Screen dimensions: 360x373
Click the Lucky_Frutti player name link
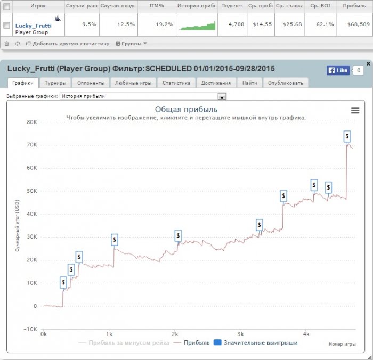(34, 25)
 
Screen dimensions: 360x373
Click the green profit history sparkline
(198, 25)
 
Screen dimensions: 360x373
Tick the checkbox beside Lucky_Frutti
(6, 25)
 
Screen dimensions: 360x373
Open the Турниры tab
(55, 83)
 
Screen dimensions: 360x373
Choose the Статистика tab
(176, 83)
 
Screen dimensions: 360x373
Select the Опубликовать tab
(285, 83)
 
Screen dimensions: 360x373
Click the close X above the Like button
(368, 63)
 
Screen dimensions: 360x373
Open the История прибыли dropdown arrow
(222, 96)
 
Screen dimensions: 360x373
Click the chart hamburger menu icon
(355, 110)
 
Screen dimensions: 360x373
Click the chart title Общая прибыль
(186, 109)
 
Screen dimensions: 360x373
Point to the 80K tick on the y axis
(30, 122)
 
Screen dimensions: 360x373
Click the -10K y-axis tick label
(29, 329)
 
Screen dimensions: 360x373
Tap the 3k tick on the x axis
(240, 334)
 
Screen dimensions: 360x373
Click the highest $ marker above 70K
(347, 136)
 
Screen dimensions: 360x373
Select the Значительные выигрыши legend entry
(256, 343)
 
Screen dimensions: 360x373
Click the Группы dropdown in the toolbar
(131, 44)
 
